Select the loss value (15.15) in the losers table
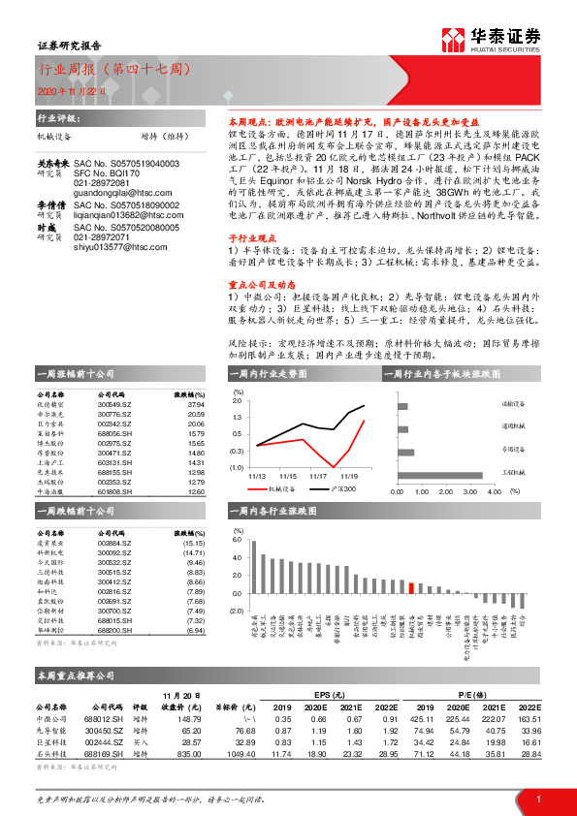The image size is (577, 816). [x=194, y=544]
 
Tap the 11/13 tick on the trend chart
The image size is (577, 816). [x=257, y=476]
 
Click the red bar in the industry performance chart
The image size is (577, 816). [x=411, y=586]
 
